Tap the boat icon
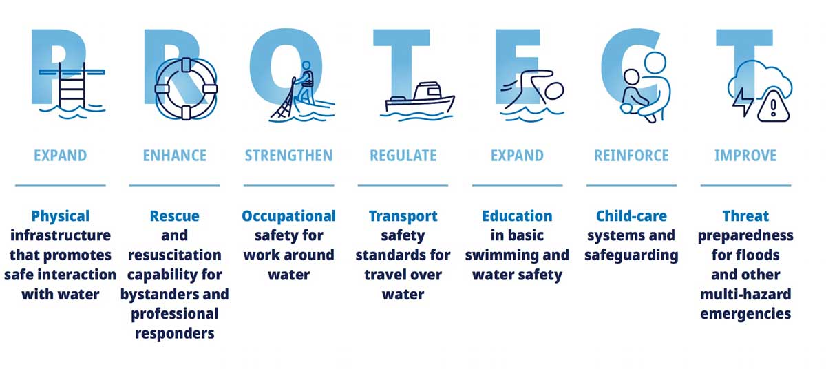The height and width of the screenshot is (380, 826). [x=420, y=99]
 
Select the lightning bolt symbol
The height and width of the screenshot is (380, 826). [x=743, y=102]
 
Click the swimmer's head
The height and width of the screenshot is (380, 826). [x=554, y=91]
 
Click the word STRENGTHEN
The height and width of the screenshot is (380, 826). [x=288, y=156]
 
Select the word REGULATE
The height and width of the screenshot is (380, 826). [x=403, y=156]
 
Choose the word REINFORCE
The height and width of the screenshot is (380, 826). [x=631, y=156]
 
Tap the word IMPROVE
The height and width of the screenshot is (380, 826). [x=745, y=156]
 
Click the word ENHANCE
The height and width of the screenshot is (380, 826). [x=175, y=156]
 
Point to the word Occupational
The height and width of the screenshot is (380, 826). [x=288, y=217]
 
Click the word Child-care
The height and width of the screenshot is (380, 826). [x=631, y=216]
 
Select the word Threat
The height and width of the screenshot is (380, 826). [x=745, y=216]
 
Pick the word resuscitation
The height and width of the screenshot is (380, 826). [x=175, y=255]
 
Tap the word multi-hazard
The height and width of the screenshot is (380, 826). [x=745, y=294]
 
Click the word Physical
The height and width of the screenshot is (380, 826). [x=61, y=217]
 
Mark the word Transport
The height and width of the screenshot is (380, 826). [x=403, y=217]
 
